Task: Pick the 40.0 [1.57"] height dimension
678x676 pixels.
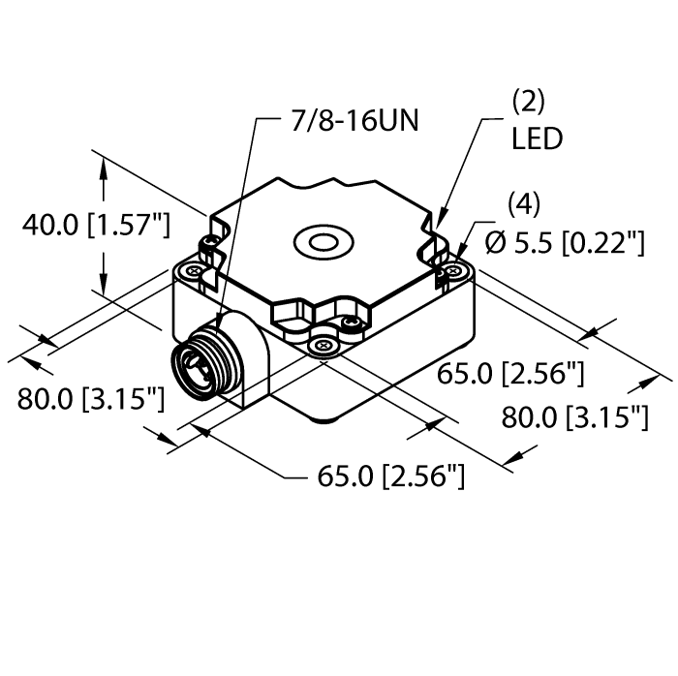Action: pos(96,227)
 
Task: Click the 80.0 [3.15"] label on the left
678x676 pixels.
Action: pos(90,397)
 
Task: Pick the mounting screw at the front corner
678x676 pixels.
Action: pos(324,342)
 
